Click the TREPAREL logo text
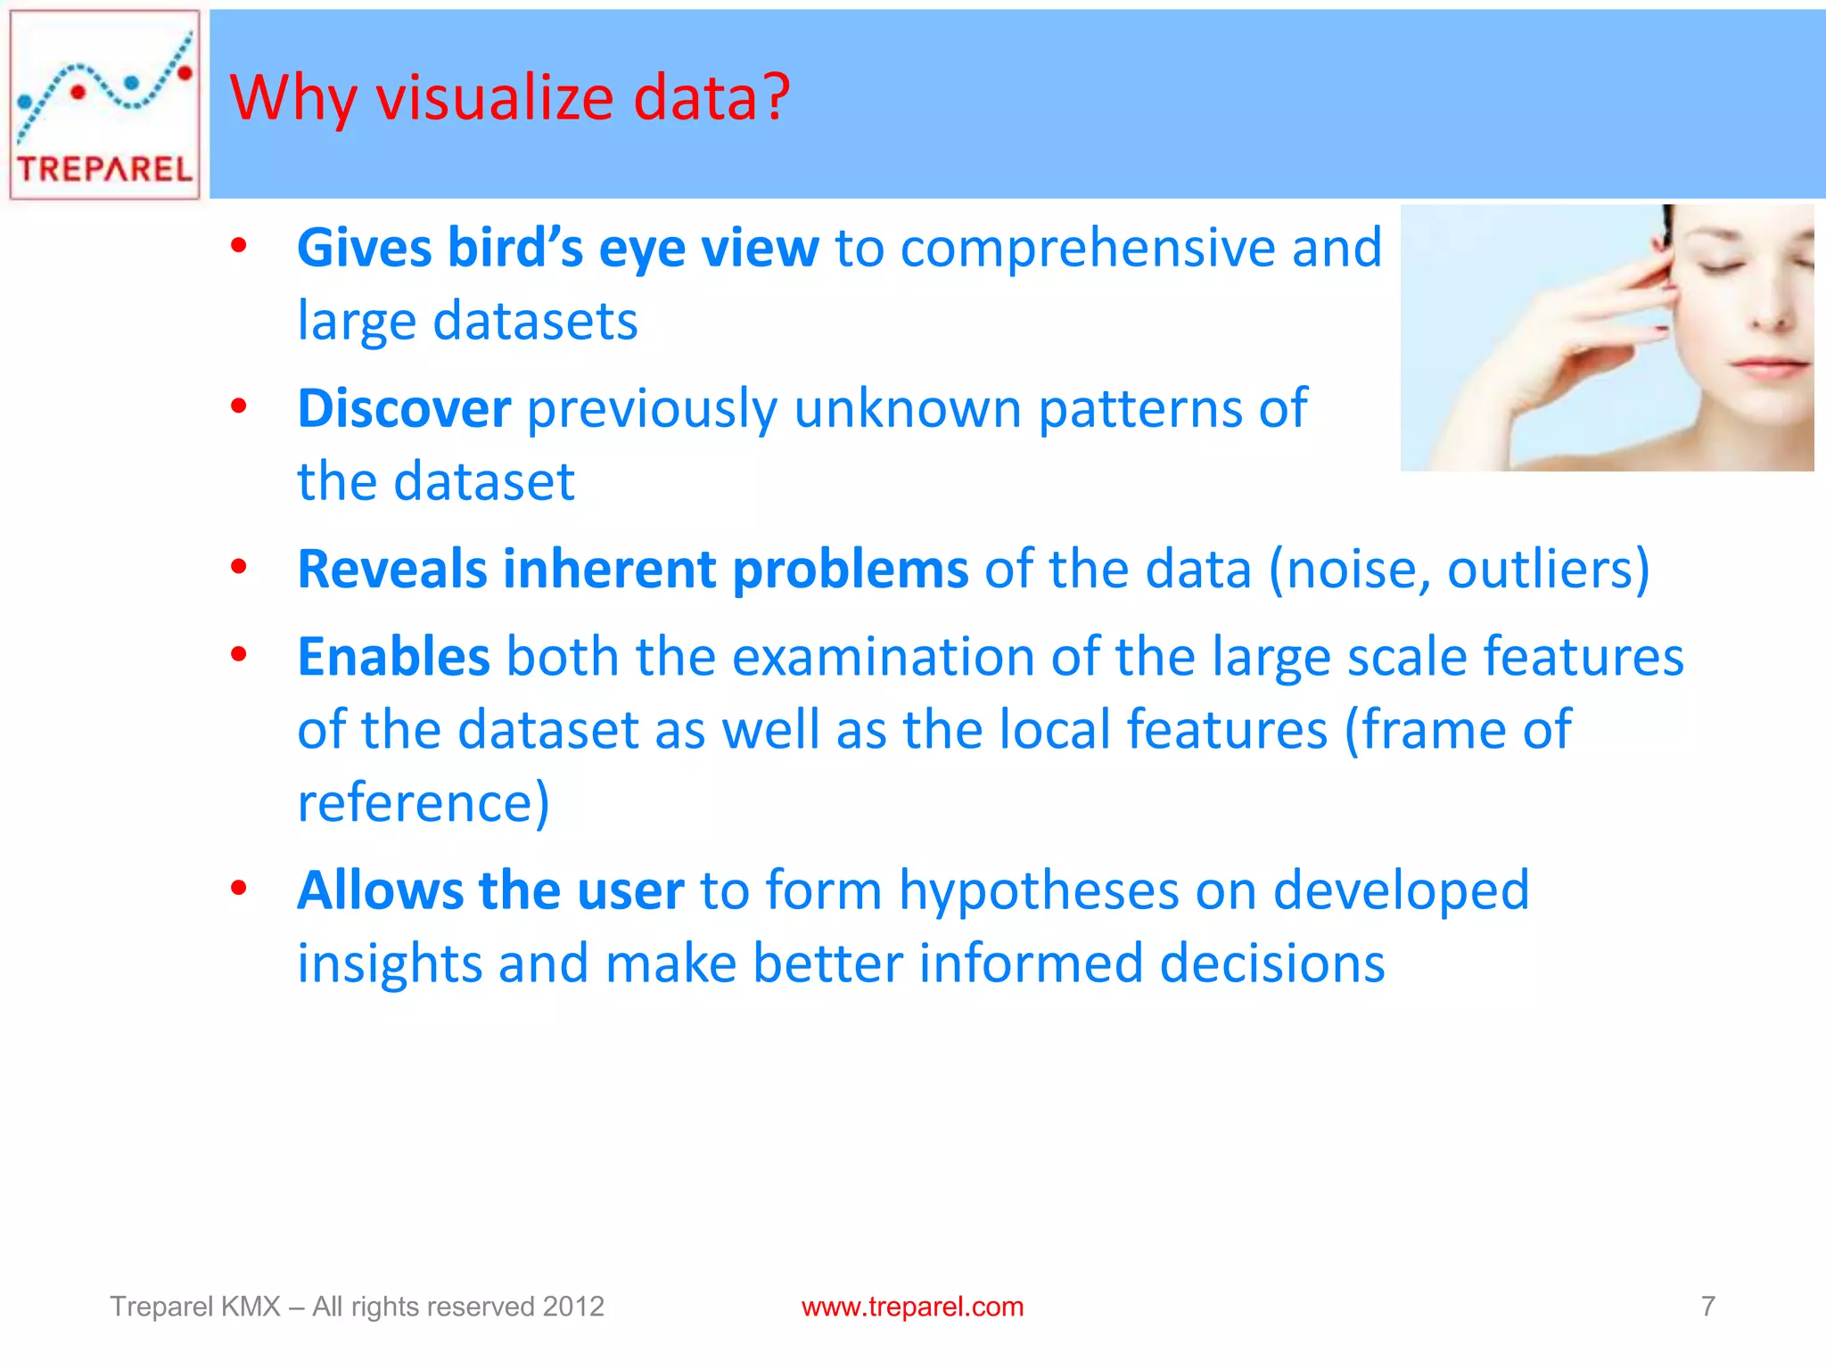[104, 168]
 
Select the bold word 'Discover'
[404, 409]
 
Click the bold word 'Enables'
[393, 657]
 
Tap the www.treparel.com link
[912, 1307]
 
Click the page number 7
[1707, 1307]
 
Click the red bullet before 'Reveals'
[238, 567]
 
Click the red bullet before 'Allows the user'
[238, 889]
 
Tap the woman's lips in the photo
[1770, 365]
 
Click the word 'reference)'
[424, 803]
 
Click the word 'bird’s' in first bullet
[514, 248]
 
